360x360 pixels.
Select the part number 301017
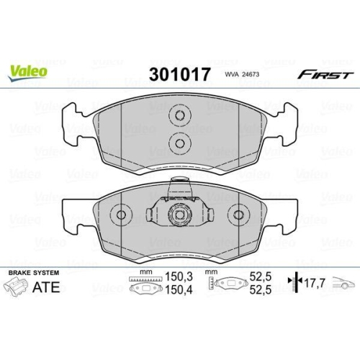coord(179,74)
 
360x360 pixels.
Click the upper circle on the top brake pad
coord(178,116)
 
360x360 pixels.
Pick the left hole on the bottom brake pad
coord(121,215)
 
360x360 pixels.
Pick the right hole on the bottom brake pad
coord(238,215)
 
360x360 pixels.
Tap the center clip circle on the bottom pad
coord(178,215)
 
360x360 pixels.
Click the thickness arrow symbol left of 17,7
coord(292,283)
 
